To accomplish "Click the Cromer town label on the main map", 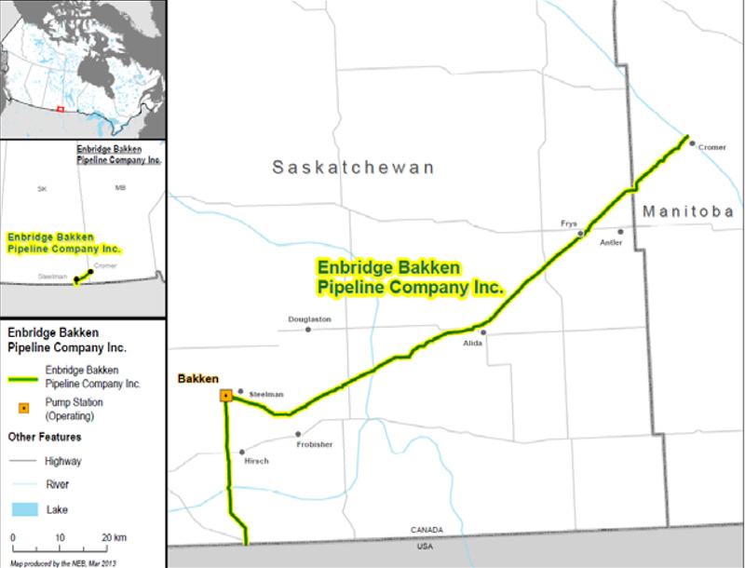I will [x=711, y=147].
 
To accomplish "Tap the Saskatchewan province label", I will [x=353, y=168].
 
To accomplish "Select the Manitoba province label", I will [x=688, y=212].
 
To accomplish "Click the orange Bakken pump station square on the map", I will [x=225, y=396].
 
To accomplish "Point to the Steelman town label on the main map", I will [x=265, y=395].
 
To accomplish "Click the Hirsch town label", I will [x=256, y=461].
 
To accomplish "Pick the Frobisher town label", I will [x=315, y=445].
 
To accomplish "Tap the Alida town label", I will [x=474, y=343].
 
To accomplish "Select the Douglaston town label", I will [x=309, y=319].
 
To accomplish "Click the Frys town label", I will [x=568, y=223].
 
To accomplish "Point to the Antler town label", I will [x=611, y=243].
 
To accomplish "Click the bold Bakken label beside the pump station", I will [x=197, y=378].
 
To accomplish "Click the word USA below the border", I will [x=424, y=547].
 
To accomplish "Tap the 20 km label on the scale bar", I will [x=114, y=538].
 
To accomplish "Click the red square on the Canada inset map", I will [x=60, y=109].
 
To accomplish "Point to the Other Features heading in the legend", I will [x=45, y=437].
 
